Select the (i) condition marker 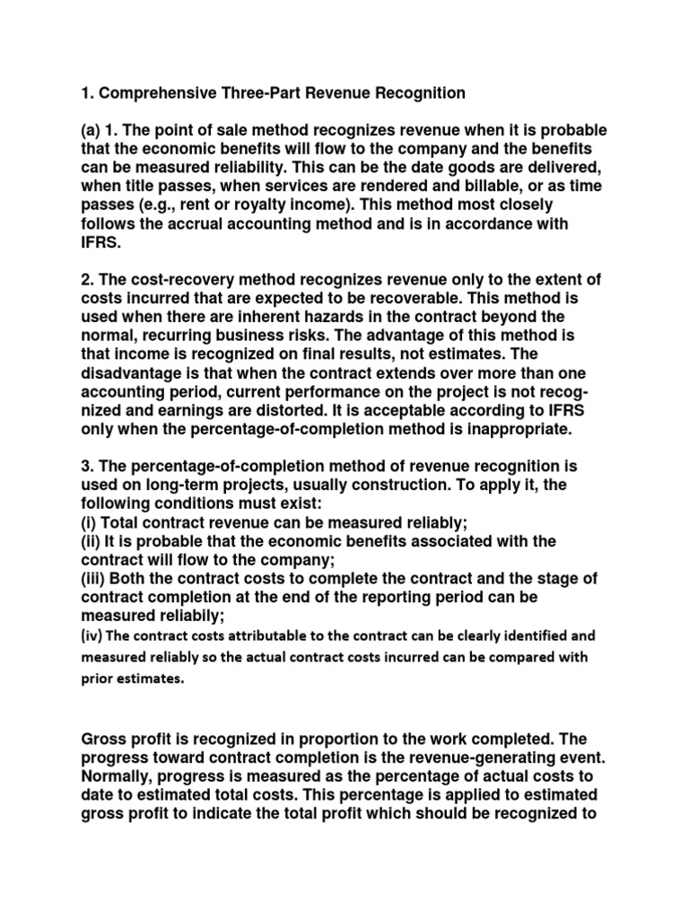tap(90, 524)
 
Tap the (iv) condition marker tap(95, 635)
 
